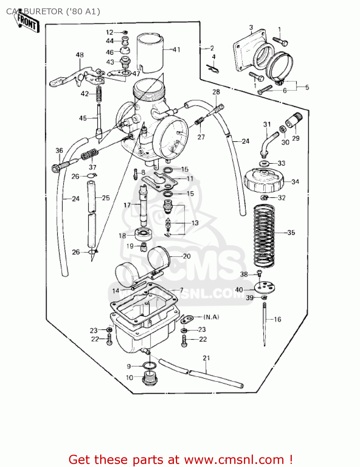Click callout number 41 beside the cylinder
tap(176, 50)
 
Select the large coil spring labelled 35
tap(264, 235)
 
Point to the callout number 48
tap(80, 55)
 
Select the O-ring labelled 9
tap(150, 366)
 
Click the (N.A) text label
tap(211, 317)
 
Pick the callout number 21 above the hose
tap(207, 358)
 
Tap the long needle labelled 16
tap(264, 324)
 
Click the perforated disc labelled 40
tap(265, 287)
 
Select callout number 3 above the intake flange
tap(251, 27)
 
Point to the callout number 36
tap(59, 150)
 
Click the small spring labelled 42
tap(99, 94)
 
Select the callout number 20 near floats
tap(187, 256)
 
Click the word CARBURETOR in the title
tap(34, 12)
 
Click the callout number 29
tap(296, 138)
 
